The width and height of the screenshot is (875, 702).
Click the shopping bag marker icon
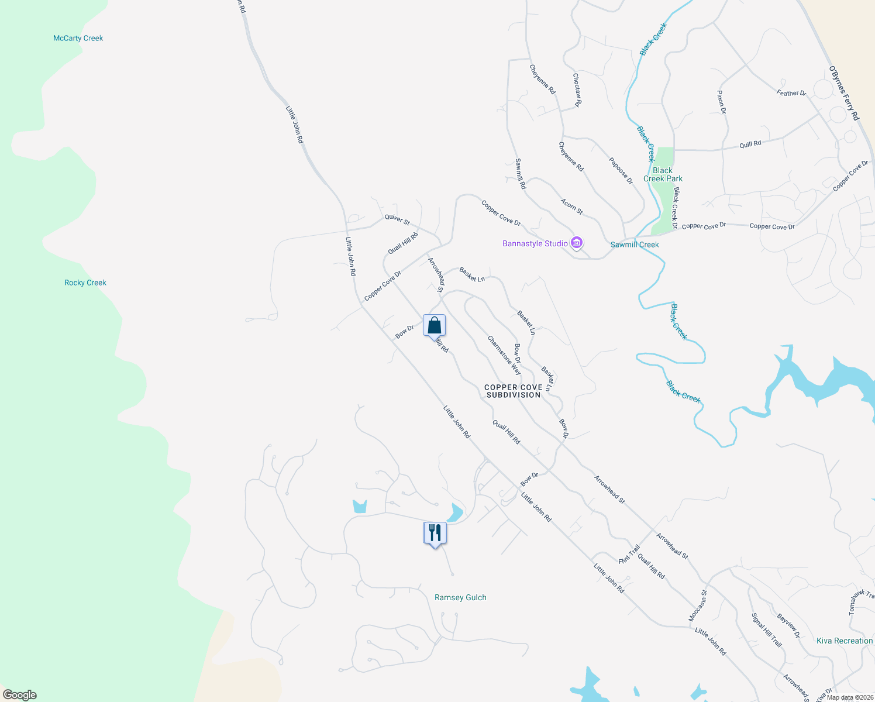click(x=434, y=325)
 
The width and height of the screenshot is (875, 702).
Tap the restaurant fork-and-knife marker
click(x=435, y=532)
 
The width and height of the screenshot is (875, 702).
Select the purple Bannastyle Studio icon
click(x=577, y=243)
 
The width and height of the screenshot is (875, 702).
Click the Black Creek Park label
click(x=663, y=174)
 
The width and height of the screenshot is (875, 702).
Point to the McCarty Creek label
click(x=78, y=38)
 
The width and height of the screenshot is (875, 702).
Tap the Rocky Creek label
click(x=85, y=283)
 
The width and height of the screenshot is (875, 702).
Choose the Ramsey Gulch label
click(x=460, y=597)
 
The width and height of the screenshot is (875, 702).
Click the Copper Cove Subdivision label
click(x=513, y=391)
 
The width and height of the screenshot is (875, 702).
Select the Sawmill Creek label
click(x=635, y=245)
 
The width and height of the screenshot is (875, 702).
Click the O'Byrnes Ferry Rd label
click(x=844, y=94)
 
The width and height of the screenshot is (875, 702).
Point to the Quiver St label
click(x=397, y=219)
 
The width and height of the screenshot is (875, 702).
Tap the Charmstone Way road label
click(x=504, y=355)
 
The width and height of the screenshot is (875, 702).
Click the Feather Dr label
click(x=791, y=93)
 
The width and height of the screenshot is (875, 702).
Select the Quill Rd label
click(x=750, y=144)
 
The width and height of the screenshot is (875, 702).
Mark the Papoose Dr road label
click(x=621, y=170)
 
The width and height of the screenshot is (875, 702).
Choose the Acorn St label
click(x=571, y=206)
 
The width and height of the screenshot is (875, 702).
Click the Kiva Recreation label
click(x=845, y=641)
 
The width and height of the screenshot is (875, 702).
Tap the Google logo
click(x=19, y=695)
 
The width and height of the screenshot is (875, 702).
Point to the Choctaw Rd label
click(x=577, y=90)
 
